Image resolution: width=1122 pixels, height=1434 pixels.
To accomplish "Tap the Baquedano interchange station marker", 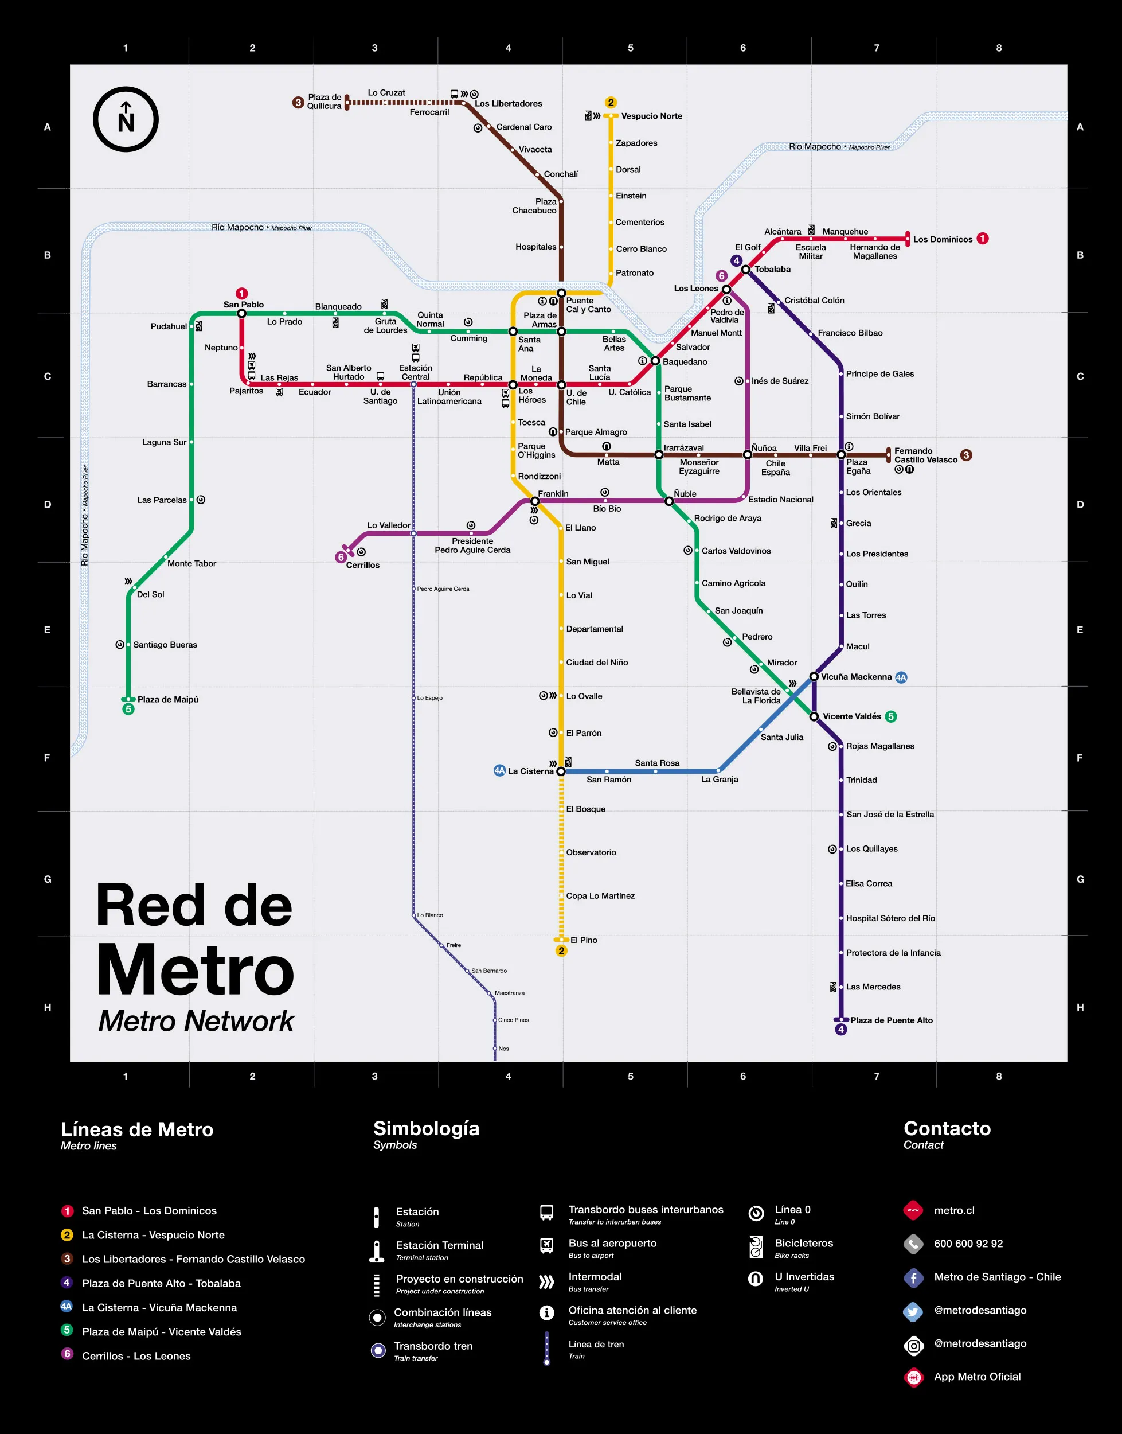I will coord(655,361).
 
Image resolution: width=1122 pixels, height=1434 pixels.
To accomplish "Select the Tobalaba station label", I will coord(772,270).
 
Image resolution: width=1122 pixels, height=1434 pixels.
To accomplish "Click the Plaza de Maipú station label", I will coord(167,699).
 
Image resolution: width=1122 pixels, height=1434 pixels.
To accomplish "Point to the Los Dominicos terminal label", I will coord(942,239).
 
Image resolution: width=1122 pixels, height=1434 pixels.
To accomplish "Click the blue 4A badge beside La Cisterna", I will coord(499,770).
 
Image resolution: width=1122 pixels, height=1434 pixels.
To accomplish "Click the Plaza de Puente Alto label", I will coord(891,1020).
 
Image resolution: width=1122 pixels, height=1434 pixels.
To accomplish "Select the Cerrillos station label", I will coord(362,565).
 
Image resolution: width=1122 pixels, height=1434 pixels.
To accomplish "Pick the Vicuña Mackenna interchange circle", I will coord(814,676).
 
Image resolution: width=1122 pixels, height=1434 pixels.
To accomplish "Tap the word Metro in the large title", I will coord(195,971).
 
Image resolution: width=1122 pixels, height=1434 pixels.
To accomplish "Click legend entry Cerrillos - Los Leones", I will coord(136,1356).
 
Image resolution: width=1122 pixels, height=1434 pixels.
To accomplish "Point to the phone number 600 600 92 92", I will coord(968,1244).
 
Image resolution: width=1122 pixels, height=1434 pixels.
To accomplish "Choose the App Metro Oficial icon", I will coord(913,1377).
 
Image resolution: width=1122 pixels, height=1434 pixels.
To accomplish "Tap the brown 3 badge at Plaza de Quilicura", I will coord(298,103).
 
